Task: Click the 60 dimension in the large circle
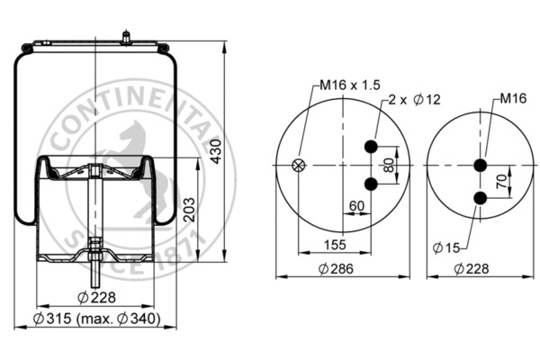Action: click(x=356, y=206)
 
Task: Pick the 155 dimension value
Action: click(x=336, y=244)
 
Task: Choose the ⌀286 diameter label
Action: click(x=335, y=268)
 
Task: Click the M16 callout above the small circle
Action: click(x=514, y=96)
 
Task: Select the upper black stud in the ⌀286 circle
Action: click(x=370, y=147)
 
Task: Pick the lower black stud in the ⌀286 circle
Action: click(x=370, y=184)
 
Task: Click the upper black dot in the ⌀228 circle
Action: click(x=480, y=165)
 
